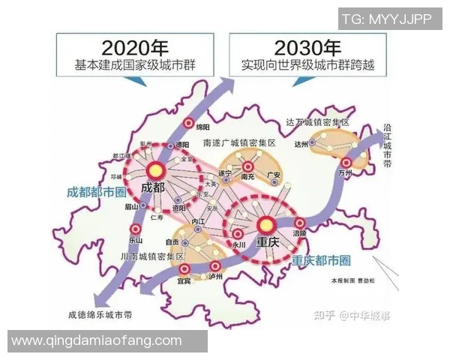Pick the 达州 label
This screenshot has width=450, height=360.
301,144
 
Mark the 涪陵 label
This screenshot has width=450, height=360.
300,234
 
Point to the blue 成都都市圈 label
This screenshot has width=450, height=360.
94,190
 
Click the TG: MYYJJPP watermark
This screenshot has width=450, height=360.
386,19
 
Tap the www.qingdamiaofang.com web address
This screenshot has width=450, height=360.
97,341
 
